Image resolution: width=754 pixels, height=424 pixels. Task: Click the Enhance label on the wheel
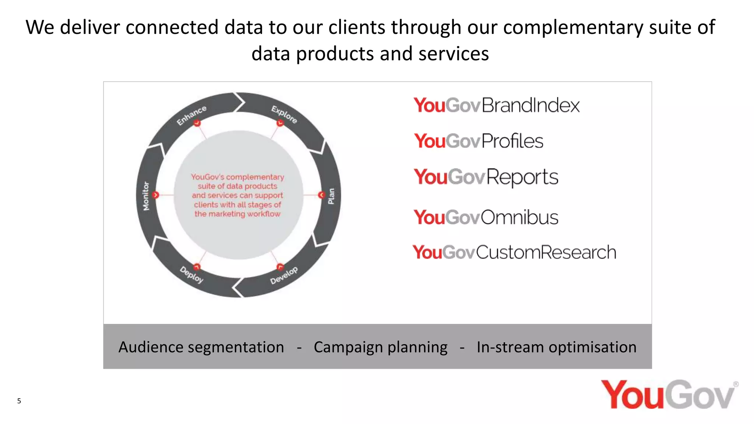191,116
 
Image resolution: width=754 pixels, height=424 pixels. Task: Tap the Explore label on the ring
284,114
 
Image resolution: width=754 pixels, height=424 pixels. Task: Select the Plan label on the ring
331,196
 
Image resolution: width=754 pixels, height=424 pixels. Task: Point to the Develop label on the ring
284,275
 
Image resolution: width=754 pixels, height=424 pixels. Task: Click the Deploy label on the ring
191,275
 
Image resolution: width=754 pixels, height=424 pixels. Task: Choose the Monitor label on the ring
146,196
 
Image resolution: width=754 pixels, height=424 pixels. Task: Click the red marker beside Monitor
156,195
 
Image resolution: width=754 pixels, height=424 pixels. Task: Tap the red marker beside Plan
322,195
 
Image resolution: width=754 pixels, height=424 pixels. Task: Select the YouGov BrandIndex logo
496,105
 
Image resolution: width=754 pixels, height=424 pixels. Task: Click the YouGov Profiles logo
478,141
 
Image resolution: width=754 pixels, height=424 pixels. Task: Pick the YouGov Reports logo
486,177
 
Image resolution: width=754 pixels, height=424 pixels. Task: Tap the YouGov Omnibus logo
486,217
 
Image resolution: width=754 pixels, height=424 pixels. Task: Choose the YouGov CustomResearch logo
514,252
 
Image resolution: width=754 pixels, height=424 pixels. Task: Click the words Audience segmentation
201,347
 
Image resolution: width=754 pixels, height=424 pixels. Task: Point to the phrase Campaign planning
380,347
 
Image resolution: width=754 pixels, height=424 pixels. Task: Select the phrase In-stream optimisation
556,347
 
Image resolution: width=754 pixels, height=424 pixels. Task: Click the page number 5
19,401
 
